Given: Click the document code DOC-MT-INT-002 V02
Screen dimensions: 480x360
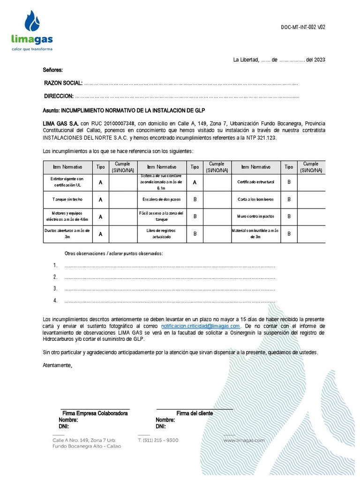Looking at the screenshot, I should pos(303,27).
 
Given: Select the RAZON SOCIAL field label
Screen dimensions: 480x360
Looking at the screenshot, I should pos(63,83).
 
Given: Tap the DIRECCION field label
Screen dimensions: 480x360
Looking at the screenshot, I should pos(59,96).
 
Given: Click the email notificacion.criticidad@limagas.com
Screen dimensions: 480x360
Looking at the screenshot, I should pos(201,326).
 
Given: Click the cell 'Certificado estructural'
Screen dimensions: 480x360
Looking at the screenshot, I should pos(255,181).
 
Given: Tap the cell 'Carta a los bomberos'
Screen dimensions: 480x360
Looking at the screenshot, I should pos(255,199).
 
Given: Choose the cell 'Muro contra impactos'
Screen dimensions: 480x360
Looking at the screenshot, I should pos(255,217).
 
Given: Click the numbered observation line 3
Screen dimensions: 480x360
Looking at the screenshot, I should pos(169,289).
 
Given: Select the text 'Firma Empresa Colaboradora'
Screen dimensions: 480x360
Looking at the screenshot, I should pos(95,413).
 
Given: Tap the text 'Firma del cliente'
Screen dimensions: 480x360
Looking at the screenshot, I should pos(195,413).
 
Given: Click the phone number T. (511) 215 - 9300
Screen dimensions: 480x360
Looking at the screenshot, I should pos(158,440).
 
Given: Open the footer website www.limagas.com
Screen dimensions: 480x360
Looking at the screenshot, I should pos(244,440).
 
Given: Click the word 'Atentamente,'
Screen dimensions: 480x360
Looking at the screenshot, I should pos(58,365).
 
